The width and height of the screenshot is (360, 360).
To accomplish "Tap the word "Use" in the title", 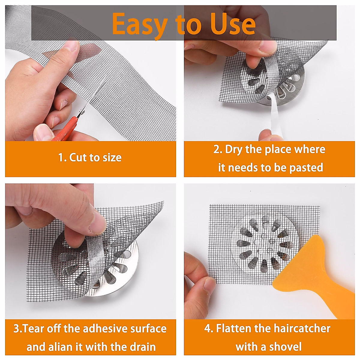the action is [232, 23].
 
